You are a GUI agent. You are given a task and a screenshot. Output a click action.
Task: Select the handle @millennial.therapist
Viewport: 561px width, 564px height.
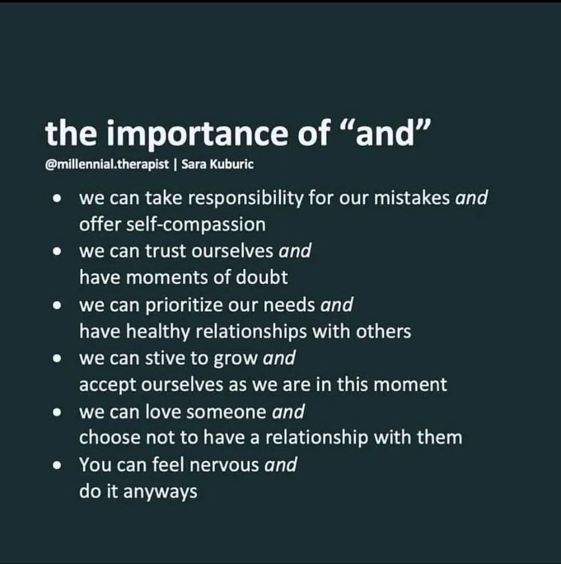point(107,165)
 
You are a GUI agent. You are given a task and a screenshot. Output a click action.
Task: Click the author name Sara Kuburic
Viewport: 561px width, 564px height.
point(218,164)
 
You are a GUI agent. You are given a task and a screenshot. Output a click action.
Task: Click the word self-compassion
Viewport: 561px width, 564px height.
point(196,225)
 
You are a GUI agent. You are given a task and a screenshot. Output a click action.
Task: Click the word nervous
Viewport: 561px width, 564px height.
point(224,465)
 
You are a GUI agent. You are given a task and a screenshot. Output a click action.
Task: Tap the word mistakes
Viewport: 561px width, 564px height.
point(412,198)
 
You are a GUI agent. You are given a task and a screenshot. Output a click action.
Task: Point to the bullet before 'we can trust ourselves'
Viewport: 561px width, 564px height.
point(57,251)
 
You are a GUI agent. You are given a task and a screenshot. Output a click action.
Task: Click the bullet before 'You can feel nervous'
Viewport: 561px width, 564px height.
point(57,465)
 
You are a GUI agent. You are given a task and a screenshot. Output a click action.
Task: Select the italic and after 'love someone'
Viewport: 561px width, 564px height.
point(288,411)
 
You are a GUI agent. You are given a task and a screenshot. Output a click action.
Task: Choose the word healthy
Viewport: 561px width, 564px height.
point(158,331)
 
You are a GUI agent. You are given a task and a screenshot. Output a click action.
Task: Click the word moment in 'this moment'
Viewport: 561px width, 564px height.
point(410,384)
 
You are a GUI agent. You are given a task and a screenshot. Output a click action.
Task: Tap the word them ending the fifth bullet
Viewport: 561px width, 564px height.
point(439,438)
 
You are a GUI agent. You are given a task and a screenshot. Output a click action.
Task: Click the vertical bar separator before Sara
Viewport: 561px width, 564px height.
point(175,165)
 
